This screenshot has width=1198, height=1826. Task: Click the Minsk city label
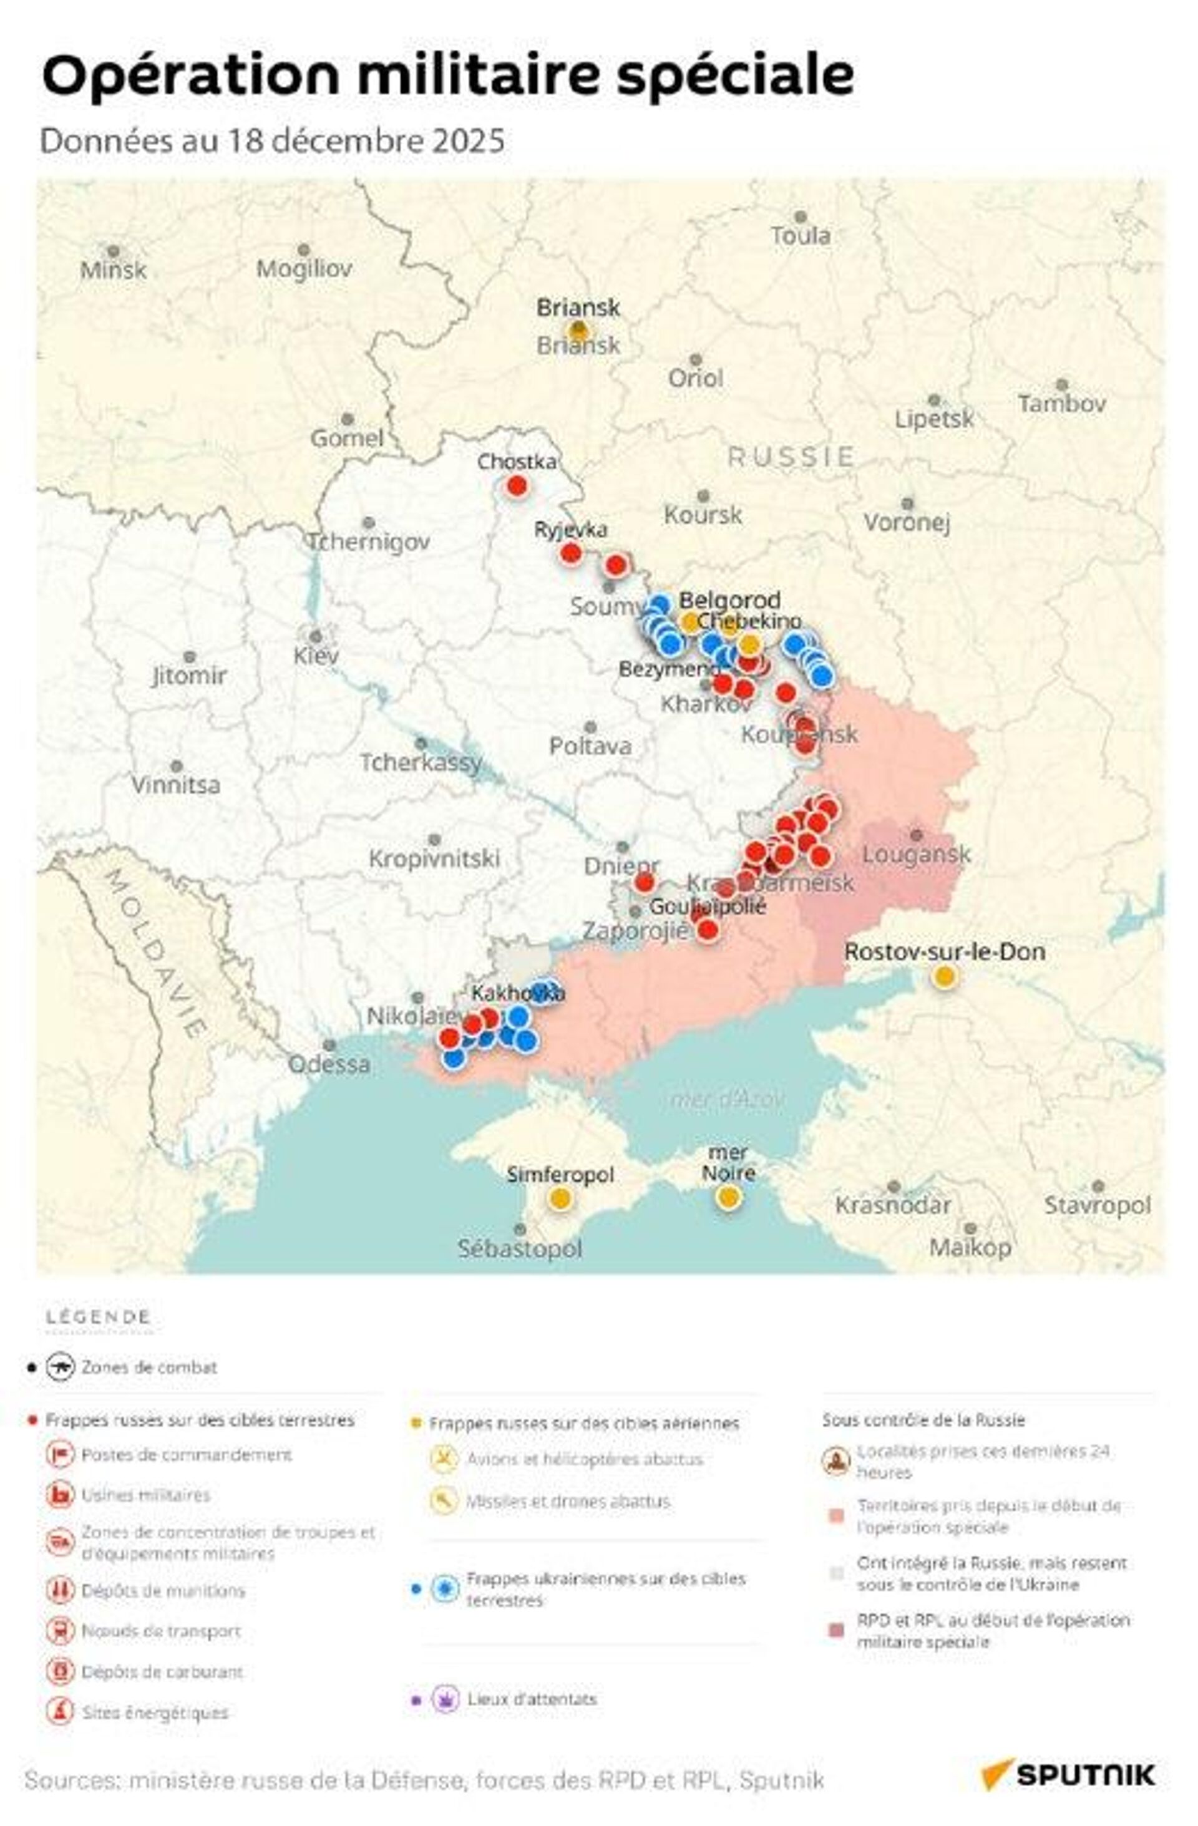(x=113, y=270)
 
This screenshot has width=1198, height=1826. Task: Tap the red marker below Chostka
(x=517, y=485)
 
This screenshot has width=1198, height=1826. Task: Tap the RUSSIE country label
(x=791, y=457)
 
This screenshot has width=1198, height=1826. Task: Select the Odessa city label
(x=328, y=1064)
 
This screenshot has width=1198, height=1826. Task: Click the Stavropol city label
(x=1097, y=1205)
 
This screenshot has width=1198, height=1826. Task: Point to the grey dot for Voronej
(x=907, y=503)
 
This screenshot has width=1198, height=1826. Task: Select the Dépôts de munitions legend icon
(x=60, y=1590)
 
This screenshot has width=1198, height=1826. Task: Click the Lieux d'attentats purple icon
(x=445, y=1699)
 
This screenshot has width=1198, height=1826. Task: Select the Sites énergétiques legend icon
(x=60, y=1712)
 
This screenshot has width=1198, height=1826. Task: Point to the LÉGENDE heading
(x=97, y=1318)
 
